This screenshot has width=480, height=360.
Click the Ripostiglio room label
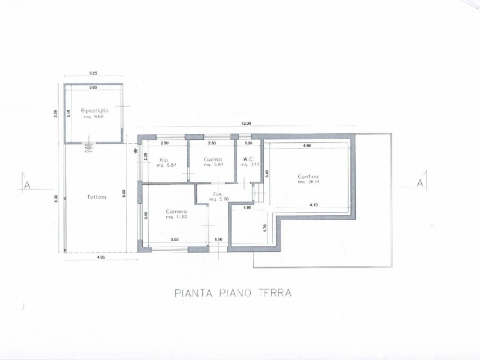94,111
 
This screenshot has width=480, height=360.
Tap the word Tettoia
96,197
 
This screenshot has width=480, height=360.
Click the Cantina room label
308,176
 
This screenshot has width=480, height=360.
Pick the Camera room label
177,212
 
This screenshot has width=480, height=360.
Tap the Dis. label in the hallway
218,194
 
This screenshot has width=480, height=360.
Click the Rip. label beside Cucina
163,160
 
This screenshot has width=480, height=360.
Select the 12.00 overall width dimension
247,124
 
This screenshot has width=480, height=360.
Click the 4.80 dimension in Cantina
307,146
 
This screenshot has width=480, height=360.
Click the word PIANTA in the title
191,293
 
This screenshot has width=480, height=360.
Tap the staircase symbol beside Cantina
259,192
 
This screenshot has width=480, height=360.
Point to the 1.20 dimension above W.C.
248,143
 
